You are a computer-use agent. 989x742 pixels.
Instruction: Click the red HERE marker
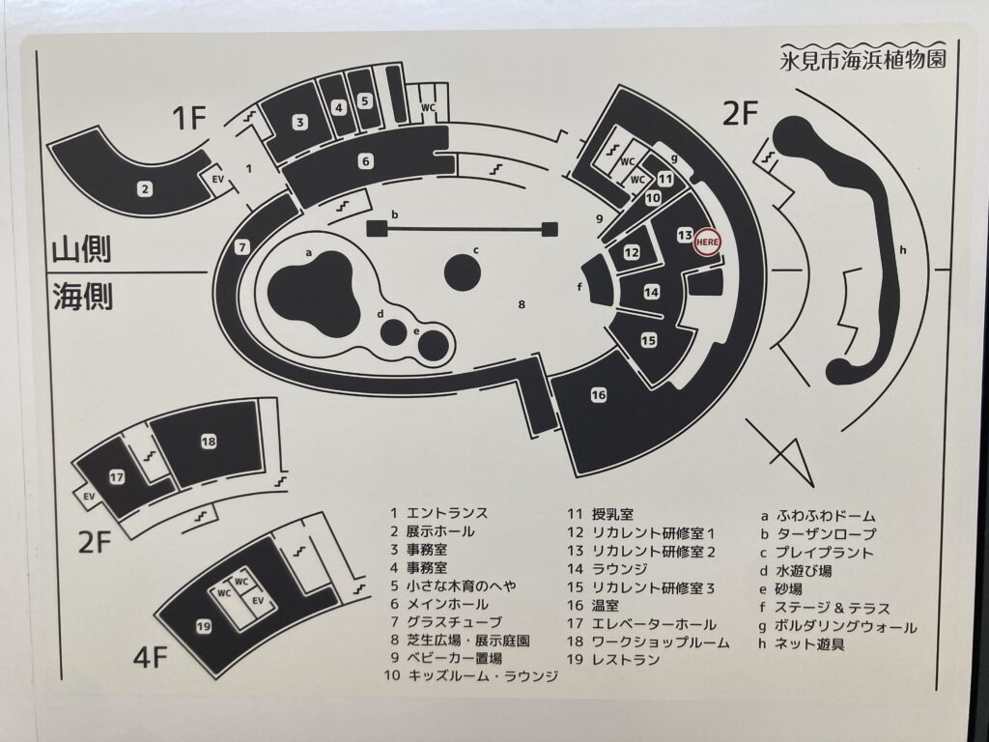point(707,243)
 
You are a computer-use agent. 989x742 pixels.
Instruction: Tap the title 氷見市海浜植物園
point(862,60)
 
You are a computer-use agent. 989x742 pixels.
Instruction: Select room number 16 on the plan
point(599,395)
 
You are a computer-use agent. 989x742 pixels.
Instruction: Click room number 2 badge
point(146,188)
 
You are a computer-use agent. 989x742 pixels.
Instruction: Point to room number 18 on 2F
point(209,442)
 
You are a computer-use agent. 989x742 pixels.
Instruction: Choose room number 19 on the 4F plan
point(203,626)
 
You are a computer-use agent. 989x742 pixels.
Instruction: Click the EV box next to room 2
point(217,180)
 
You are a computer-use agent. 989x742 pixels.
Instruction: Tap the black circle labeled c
point(463,274)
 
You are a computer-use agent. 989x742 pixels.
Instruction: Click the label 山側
point(81,249)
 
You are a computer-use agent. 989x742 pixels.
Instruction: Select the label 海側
point(82,296)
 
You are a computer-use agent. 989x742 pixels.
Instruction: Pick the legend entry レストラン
point(626,660)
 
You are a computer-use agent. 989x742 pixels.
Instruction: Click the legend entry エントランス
point(447,513)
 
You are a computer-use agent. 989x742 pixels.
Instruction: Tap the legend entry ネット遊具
point(809,644)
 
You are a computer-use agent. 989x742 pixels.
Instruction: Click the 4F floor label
point(150,657)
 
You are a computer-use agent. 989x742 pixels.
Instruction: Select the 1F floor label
point(190,118)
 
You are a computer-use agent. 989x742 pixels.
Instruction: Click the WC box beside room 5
point(428,108)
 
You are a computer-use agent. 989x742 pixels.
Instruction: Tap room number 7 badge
point(242,247)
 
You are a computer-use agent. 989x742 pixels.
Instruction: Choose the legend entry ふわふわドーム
point(825,516)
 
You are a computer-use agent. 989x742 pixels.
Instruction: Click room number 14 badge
point(652,292)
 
